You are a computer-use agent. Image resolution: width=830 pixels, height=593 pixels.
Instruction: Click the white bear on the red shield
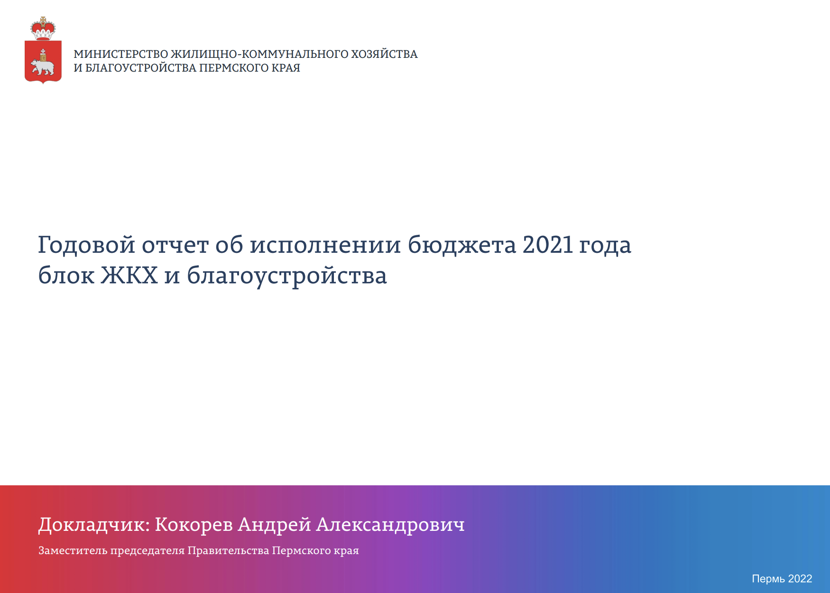(43, 66)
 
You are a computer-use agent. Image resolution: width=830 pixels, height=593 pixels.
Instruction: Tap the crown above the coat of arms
(43, 29)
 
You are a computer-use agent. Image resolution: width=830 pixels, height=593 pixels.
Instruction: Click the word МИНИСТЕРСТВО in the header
(121, 54)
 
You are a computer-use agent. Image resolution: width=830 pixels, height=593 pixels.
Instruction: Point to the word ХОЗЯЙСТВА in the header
(384, 54)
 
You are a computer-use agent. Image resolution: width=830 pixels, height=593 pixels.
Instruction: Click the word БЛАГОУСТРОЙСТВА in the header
(141, 68)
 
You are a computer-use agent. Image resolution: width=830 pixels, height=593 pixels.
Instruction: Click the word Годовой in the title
(86, 245)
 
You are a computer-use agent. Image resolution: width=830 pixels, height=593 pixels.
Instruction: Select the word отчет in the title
(175, 246)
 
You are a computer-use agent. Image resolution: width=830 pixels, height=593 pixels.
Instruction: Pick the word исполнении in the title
(325, 246)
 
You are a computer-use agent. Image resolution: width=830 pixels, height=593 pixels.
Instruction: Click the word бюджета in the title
(461, 245)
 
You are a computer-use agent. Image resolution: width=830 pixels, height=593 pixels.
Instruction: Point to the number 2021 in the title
(548, 245)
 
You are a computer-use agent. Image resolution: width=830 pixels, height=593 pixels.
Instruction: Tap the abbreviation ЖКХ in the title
(129, 275)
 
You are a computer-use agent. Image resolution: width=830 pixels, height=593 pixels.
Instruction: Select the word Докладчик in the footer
(93, 525)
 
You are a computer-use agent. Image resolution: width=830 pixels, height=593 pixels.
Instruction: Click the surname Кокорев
(194, 525)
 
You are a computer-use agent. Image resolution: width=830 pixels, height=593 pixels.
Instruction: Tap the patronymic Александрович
(390, 525)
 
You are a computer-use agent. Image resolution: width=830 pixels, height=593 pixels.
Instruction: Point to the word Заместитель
(73, 551)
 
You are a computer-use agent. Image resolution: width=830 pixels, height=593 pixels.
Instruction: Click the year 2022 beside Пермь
(800, 579)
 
